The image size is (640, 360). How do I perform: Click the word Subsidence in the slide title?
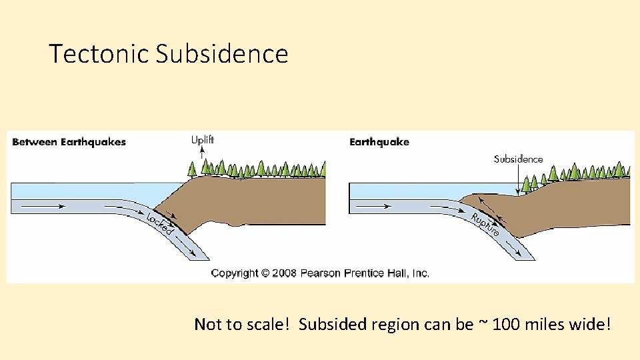(222, 53)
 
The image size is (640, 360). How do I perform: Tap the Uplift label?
(203, 140)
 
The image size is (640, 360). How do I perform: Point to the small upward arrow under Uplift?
(203, 152)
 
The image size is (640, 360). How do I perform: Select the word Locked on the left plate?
(160, 223)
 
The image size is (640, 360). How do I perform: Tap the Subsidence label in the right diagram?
(518, 159)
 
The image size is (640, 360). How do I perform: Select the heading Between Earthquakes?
(69, 142)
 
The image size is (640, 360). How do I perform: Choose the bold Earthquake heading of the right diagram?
(379, 142)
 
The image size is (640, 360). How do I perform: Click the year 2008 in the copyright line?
(284, 273)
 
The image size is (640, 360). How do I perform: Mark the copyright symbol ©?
(265, 273)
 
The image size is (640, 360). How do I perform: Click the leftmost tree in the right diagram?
(527, 183)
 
